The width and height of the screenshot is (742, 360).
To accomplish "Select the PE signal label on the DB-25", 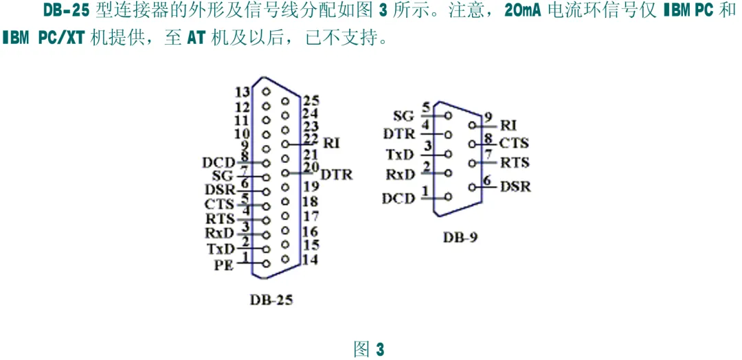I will [224, 264].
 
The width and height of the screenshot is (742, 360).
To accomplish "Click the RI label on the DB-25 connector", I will [332, 143].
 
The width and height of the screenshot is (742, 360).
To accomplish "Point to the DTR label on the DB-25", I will [337, 175].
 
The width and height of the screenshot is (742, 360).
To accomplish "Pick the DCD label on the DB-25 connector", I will [218, 163].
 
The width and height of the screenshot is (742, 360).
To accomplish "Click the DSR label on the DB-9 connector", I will [515, 186].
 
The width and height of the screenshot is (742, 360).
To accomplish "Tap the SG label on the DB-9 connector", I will [403, 115].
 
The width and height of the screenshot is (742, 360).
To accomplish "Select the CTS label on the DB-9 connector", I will [514, 144].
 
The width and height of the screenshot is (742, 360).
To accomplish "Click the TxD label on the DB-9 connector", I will [400, 154].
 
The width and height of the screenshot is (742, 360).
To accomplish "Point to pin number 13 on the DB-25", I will [242, 93].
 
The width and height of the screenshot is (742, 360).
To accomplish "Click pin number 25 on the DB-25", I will [311, 101].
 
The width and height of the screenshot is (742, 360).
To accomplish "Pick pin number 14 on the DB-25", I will [310, 259].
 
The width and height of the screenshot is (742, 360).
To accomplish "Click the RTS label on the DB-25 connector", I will [220, 219].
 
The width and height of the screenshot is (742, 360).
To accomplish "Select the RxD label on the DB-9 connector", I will [400, 175].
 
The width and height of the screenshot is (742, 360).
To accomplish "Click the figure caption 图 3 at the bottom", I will [369, 348].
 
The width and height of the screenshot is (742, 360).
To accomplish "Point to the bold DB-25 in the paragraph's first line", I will [67, 12].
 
